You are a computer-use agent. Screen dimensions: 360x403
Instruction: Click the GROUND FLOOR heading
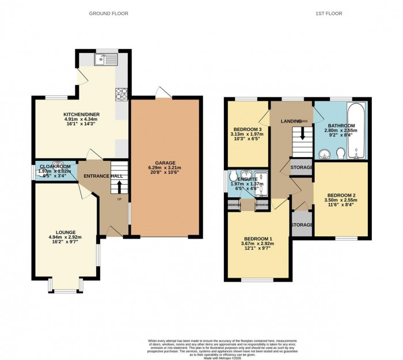109,13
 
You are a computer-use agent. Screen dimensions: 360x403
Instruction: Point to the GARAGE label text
166,162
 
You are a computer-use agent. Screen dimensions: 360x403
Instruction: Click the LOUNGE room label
66,232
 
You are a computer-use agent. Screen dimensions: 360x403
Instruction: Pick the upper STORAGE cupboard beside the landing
302,167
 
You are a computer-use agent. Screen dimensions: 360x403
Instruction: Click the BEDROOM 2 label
340,195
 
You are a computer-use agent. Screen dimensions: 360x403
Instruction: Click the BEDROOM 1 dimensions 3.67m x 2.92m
257,243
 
